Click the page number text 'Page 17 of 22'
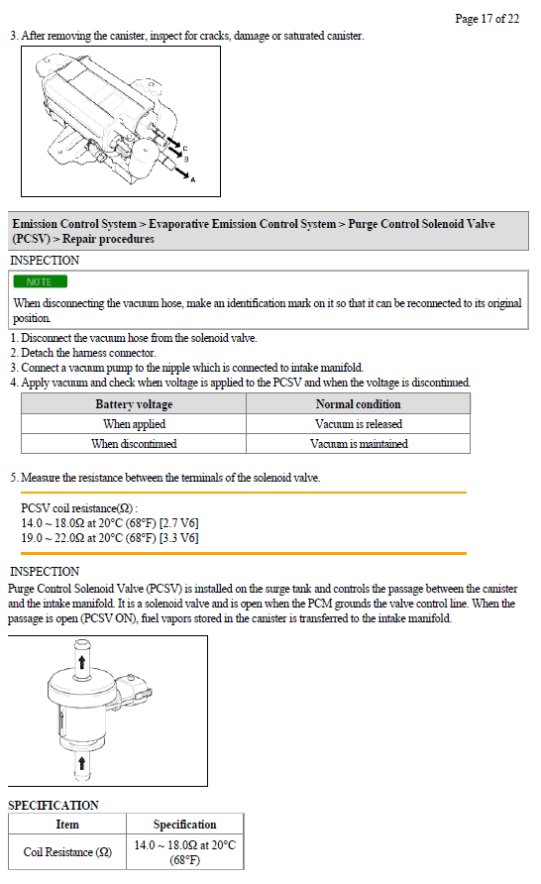487,19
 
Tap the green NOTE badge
40,281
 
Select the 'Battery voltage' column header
134,403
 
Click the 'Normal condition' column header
358,403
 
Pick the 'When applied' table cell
134,423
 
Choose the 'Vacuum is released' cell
359,423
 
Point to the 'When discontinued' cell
134,443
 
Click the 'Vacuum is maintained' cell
359,443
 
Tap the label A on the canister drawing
193,179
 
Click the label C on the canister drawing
185,149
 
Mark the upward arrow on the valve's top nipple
81,661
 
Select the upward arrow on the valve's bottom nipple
81,763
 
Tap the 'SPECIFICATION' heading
53,805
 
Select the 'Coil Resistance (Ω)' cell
67,851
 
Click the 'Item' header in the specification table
67,824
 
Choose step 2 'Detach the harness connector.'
83,353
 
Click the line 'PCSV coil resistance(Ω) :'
79,507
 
